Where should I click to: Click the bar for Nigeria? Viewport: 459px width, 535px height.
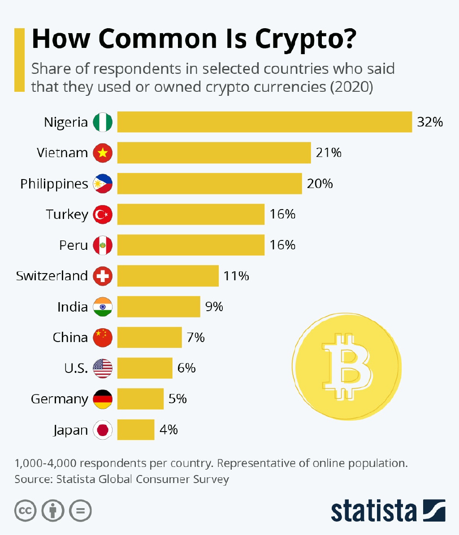(x=264, y=122)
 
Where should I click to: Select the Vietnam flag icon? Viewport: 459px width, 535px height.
(x=103, y=153)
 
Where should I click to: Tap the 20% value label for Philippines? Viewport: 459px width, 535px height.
(x=320, y=184)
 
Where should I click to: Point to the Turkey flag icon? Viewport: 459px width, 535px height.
(x=103, y=214)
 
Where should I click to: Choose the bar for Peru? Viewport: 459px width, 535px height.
(x=191, y=245)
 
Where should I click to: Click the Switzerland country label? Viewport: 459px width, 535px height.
(x=52, y=276)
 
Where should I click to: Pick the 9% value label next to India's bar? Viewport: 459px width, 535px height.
(x=214, y=307)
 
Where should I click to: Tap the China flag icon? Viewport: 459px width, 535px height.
(x=103, y=337)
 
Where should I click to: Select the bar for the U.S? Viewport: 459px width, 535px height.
(x=145, y=368)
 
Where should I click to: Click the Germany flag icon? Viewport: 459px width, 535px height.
(x=103, y=399)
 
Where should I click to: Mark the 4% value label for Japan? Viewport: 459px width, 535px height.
(x=169, y=430)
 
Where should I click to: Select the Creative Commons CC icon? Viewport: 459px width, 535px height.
(x=26, y=510)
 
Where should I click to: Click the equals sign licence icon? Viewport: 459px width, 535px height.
(x=81, y=510)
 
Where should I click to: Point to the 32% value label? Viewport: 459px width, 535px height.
(x=429, y=122)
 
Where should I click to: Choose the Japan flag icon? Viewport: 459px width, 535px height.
(x=103, y=430)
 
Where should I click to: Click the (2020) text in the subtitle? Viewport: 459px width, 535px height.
(x=351, y=86)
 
